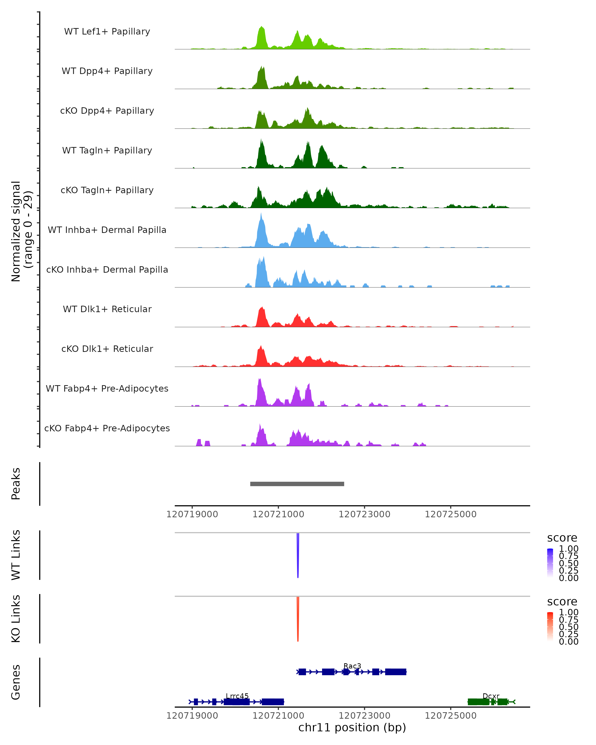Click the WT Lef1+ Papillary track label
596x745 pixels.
[x=107, y=32]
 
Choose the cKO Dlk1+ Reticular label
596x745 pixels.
[x=107, y=349]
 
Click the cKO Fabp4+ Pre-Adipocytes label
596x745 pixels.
[x=107, y=428]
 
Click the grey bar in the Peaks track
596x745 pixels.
[x=297, y=484]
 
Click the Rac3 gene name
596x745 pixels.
[x=352, y=666]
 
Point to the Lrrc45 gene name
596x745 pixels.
[x=237, y=696]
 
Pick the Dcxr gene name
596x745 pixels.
[x=491, y=696]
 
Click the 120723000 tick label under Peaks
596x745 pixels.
[x=364, y=514]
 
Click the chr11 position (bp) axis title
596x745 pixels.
[x=352, y=727]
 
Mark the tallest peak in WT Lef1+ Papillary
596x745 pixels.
[x=261, y=28]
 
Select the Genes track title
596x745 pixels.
[x=16, y=682]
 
